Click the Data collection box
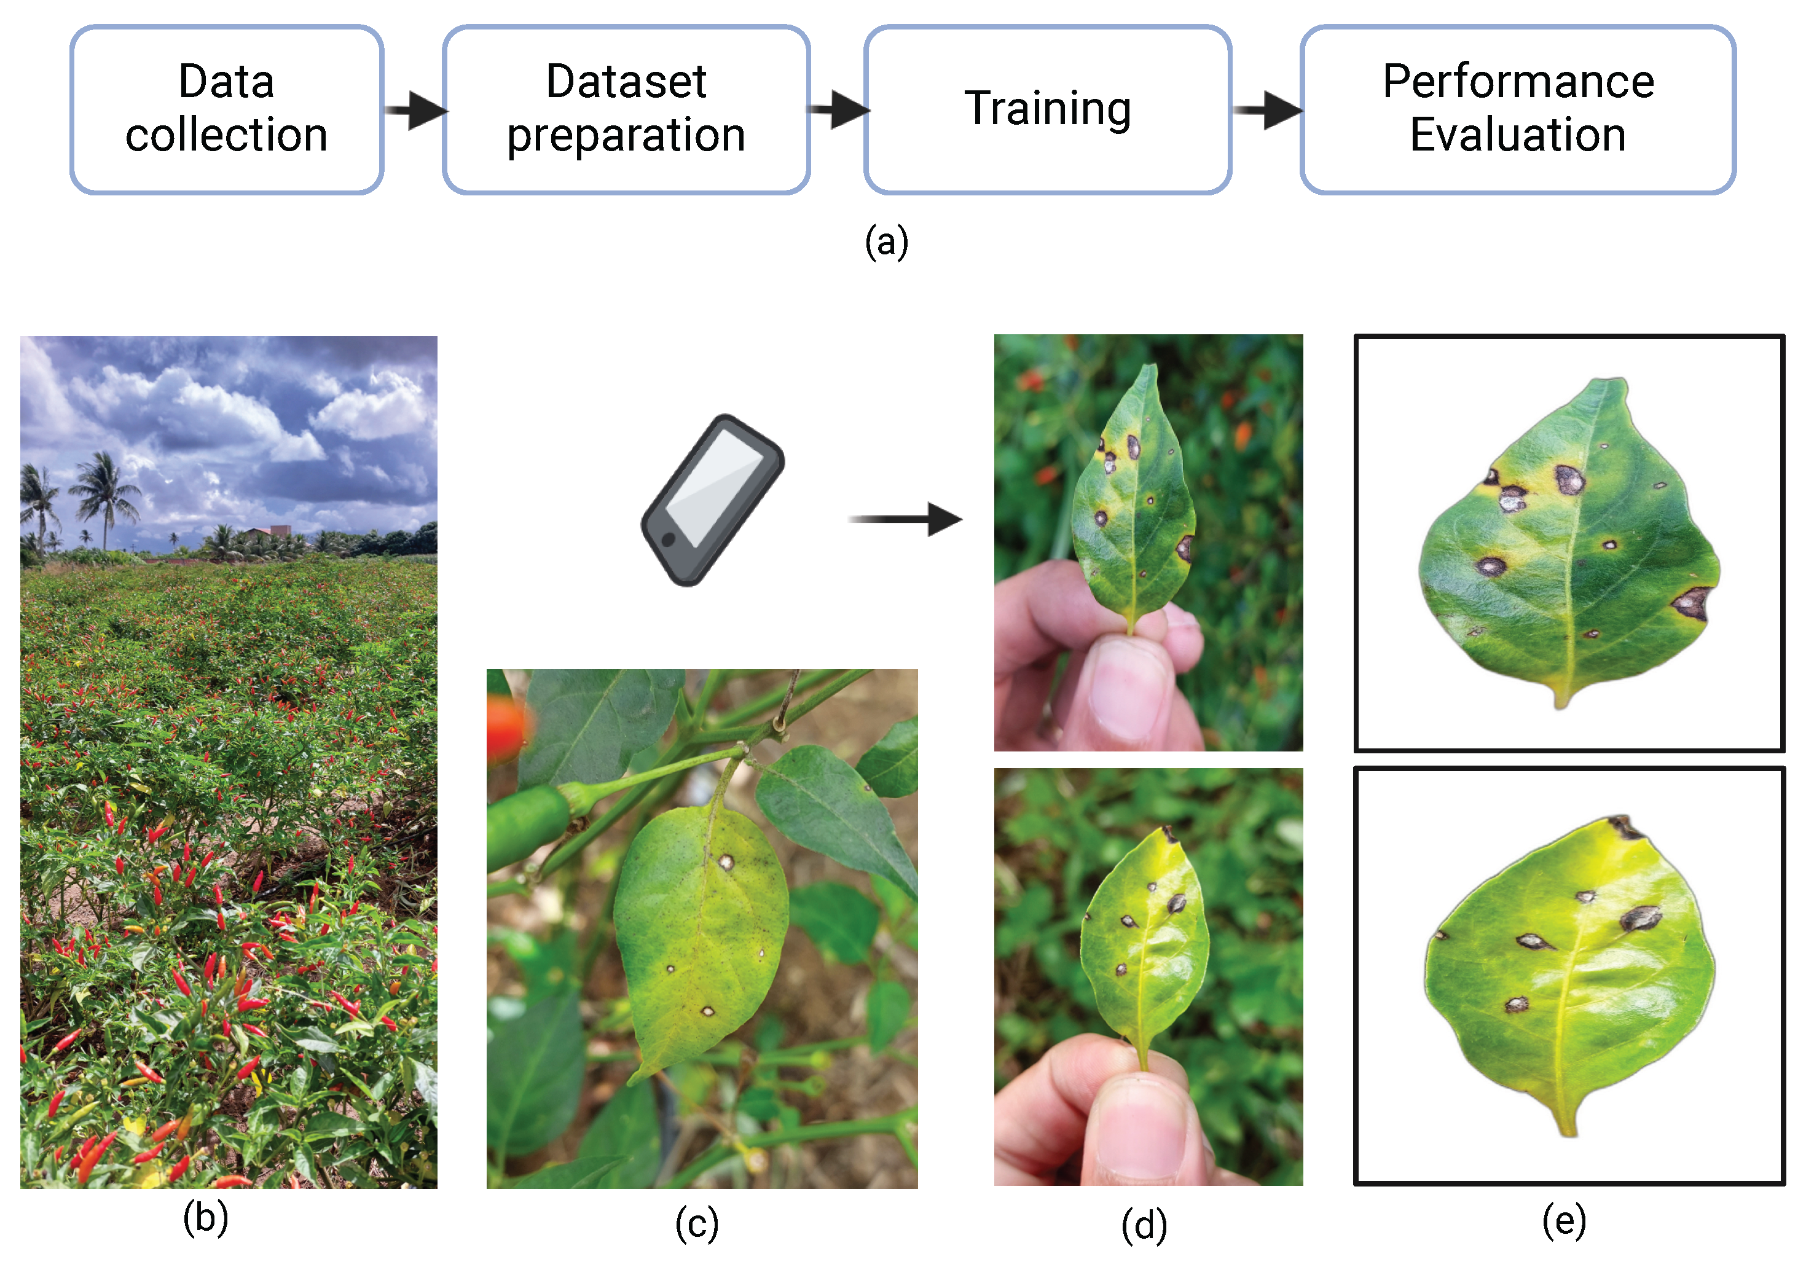(x=227, y=109)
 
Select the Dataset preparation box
(x=626, y=109)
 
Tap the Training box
(x=1048, y=109)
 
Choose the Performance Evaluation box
(x=1518, y=109)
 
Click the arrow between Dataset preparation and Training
(x=839, y=109)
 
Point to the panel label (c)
(x=697, y=1224)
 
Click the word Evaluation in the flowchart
(x=1518, y=135)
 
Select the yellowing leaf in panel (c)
(x=700, y=936)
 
